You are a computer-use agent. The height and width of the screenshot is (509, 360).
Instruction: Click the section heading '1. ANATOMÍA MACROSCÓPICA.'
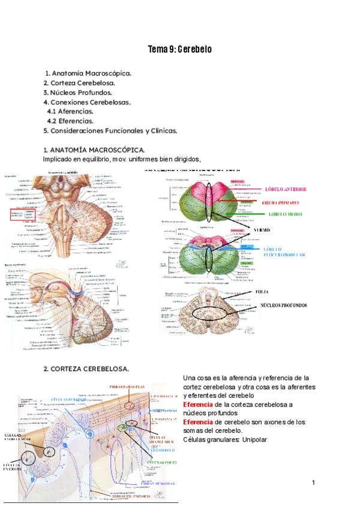pyautogui.click(x=94, y=149)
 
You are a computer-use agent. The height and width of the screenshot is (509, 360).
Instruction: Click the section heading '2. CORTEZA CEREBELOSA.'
pyautogui.click(x=86, y=369)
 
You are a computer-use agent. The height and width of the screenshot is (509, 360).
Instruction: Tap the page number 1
pyautogui.click(x=313, y=483)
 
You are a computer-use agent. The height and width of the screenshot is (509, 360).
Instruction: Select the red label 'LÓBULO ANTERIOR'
pyautogui.click(x=285, y=189)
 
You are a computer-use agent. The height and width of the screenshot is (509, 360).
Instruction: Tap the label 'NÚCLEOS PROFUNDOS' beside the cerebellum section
pyautogui.click(x=283, y=305)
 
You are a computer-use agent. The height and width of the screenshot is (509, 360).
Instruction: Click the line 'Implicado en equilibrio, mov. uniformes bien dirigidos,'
pyautogui.click(x=121, y=159)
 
